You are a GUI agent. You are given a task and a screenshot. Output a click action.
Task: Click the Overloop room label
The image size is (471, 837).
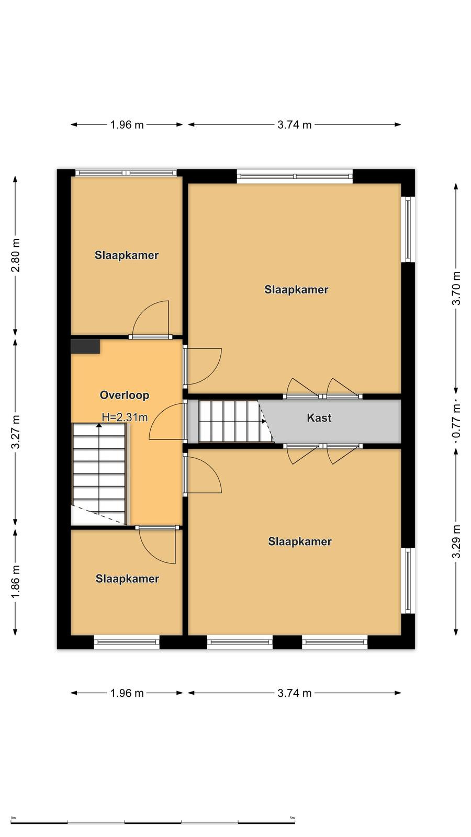click(x=125, y=395)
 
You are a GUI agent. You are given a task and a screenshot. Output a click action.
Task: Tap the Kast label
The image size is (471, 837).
click(x=319, y=417)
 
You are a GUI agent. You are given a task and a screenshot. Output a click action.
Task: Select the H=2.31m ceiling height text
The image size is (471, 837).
click(x=125, y=417)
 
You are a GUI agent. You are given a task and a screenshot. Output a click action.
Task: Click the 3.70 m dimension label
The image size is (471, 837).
click(x=456, y=288)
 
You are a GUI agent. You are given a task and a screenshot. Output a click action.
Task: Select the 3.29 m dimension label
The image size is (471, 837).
click(x=456, y=541)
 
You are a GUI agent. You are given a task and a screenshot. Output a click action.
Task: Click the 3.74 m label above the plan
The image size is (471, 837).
click(x=294, y=125)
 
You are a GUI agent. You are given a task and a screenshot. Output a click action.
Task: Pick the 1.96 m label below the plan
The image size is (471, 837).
click(x=127, y=693)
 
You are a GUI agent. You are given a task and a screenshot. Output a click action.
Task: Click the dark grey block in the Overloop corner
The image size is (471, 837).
click(x=85, y=346)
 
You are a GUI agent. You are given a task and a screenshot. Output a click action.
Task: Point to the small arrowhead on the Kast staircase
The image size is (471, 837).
click(x=264, y=421)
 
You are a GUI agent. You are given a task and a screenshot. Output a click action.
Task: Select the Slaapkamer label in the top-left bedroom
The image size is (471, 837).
click(x=126, y=255)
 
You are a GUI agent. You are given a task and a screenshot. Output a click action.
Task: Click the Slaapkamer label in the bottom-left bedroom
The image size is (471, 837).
click(x=127, y=579)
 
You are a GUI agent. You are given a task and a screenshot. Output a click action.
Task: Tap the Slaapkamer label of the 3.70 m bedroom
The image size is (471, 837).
click(x=296, y=290)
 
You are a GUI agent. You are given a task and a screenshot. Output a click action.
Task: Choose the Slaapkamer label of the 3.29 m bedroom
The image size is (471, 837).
click(x=300, y=541)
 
